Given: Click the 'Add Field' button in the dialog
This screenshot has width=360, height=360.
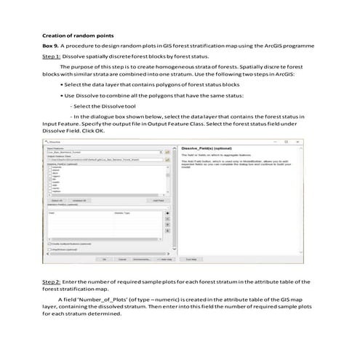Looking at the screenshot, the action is click(x=158, y=200).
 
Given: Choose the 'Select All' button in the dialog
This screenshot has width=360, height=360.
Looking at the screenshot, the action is click(x=55, y=200).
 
